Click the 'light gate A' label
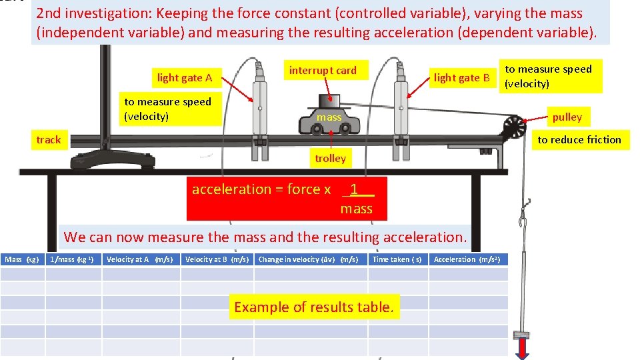(x=185, y=78)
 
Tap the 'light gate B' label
(x=461, y=78)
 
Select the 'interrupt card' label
(x=323, y=70)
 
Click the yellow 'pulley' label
(x=567, y=117)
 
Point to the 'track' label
(x=48, y=140)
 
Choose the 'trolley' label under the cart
(x=330, y=158)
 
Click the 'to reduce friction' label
(x=579, y=139)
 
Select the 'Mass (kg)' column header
(x=22, y=259)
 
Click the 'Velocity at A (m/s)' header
(x=139, y=259)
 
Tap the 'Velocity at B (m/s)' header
(x=217, y=259)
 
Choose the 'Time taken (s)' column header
(x=397, y=259)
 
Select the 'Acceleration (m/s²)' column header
(x=467, y=259)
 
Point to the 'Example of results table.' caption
(x=314, y=307)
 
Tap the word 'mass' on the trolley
(x=329, y=117)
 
